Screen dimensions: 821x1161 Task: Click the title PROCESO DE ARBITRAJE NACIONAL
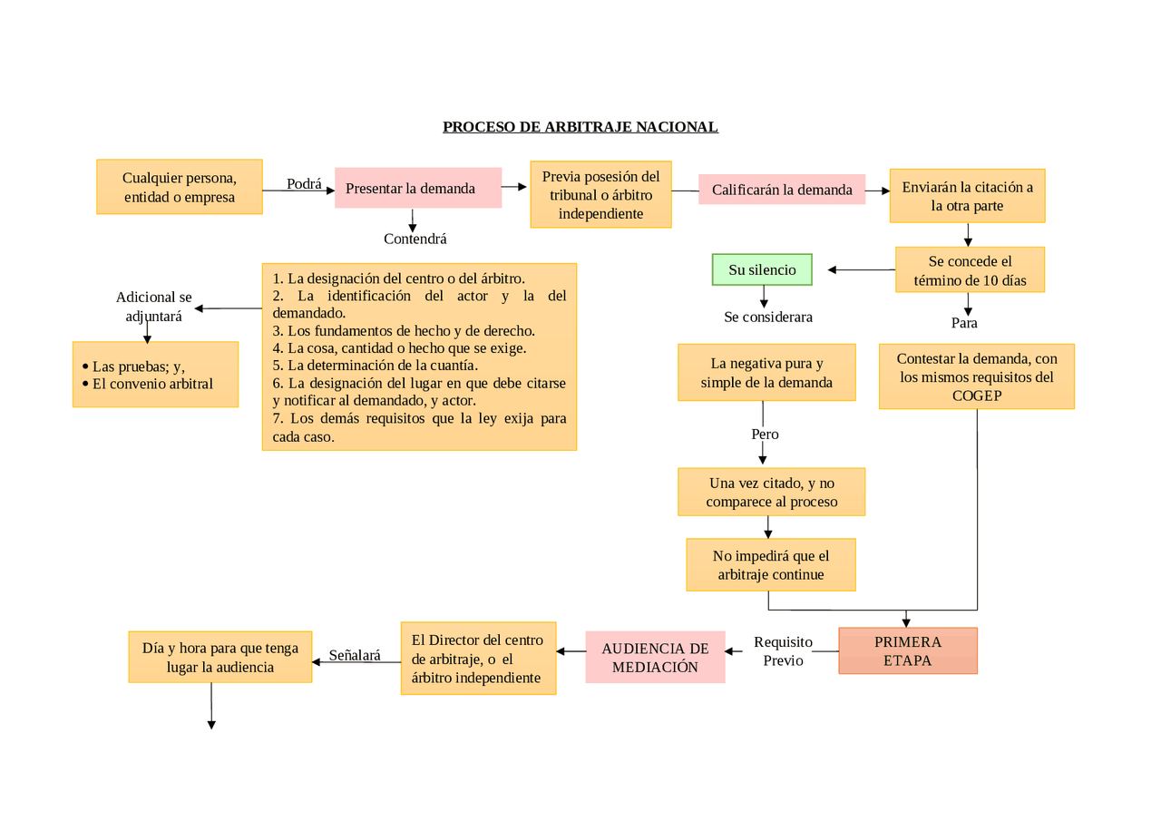coord(580,127)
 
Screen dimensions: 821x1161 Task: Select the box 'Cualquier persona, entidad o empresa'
coord(180,187)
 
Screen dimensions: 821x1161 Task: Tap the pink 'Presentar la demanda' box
coord(417,189)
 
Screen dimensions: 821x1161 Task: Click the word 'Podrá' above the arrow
coord(304,184)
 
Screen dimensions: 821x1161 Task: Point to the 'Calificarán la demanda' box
coord(781,190)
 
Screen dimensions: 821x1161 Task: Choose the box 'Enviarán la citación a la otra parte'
coord(967,196)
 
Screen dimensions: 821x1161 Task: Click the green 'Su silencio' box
coord(762,269)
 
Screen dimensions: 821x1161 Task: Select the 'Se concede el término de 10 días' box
coord(970,270)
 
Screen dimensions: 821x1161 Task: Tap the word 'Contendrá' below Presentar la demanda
coord(415,239)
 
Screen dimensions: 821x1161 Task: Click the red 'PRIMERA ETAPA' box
coord(907,650)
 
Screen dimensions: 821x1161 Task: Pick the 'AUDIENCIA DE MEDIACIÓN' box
coord(655,658)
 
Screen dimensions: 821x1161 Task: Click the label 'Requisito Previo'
coord(783,651)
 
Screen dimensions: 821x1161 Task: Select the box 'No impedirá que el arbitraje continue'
coord(770,564)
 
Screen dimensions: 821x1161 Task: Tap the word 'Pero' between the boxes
coord(765,434)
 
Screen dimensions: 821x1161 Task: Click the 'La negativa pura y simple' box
coord(766,373)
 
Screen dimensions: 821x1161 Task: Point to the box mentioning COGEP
coord(976,376)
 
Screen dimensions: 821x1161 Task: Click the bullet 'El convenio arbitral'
coord(152,384)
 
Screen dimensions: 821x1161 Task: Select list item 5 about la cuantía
coord(375,366)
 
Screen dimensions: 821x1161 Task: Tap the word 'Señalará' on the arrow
coord(355,654)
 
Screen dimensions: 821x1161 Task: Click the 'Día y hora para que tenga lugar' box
coord(220,657)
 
